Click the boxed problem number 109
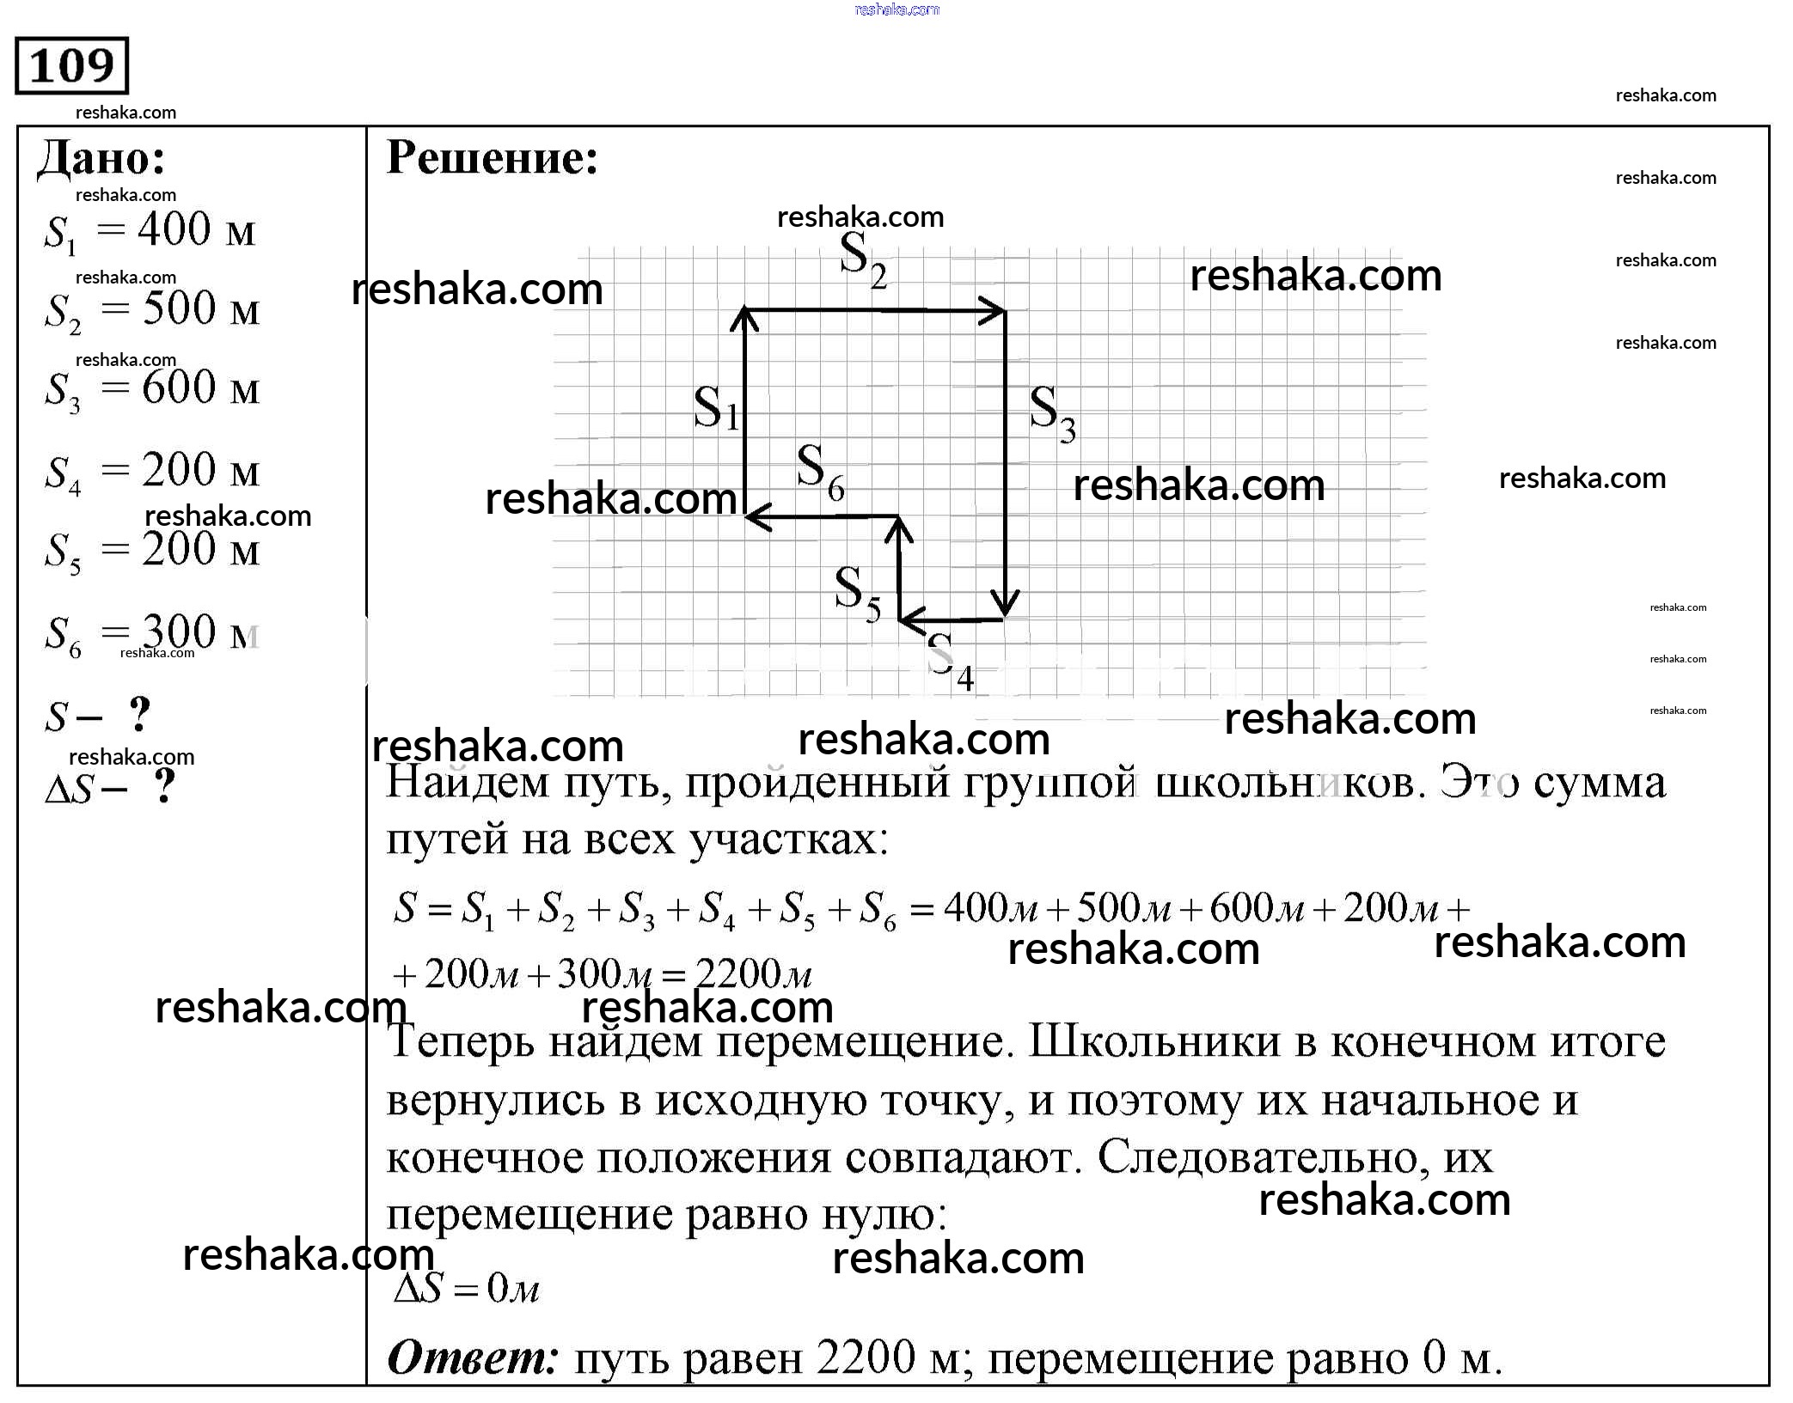click(71, 65)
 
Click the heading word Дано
click(101, 159)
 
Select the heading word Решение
click(492, 158)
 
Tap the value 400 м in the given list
click(196, 230)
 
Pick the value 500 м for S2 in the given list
click(199, 309)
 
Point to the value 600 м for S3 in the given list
click(199, 388)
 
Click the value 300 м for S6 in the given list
click(199, 633)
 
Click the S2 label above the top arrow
click(862, 261)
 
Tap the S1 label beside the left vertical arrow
click(715, 408)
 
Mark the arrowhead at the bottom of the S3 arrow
click(1004, 607)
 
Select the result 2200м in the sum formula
click(752, 974)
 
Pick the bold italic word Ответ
click(473, 1359)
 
